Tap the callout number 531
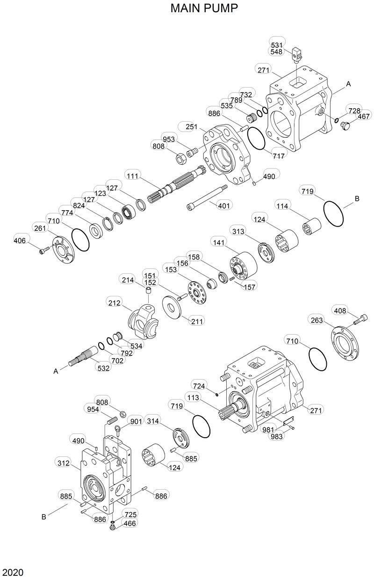[x=276, y=45]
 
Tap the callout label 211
[x=197, y=321]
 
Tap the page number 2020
[x=13, y=573]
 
